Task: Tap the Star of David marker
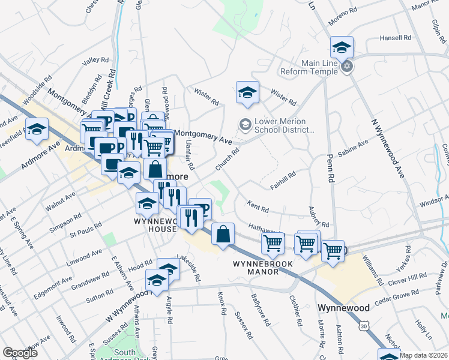tap(347, 67)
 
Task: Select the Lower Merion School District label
tap(280, 125)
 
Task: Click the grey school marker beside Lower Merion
tap(245, 125)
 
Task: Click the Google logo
tap(20, 353)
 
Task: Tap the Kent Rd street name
tap(258, 206)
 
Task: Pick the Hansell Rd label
tap(396, 38)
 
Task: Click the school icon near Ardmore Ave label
tap(37, 130)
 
